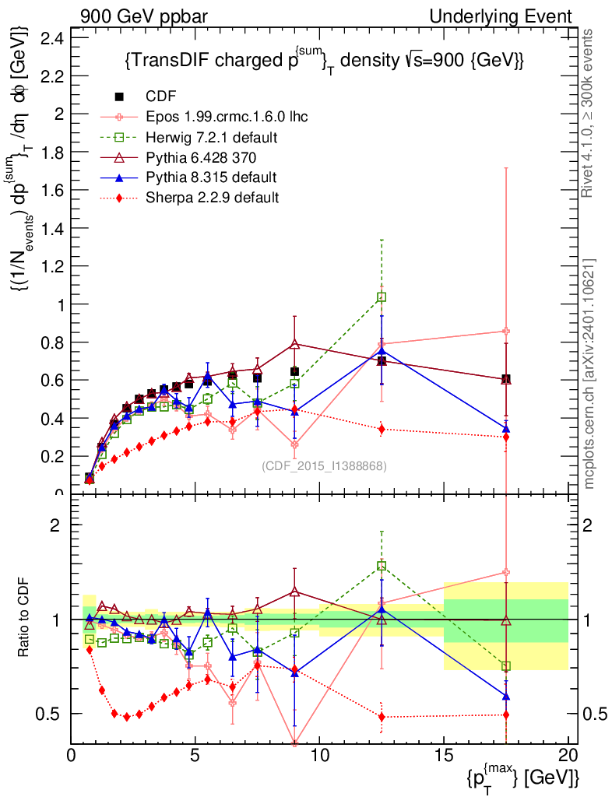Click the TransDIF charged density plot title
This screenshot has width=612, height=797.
[323, 61]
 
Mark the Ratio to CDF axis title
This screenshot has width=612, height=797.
[26, 620]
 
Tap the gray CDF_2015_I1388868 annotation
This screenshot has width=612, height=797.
[324, 466]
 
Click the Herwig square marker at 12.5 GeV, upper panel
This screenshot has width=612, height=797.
[382, 297]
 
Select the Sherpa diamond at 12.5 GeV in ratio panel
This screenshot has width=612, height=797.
[382, 716]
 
